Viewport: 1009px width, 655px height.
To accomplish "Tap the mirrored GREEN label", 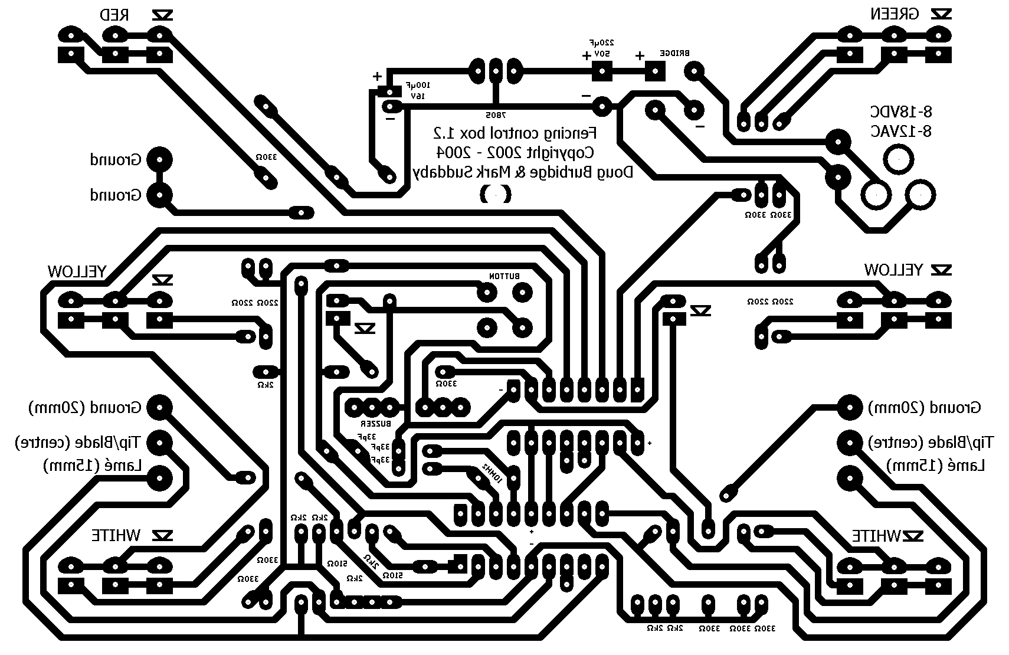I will [894, 14].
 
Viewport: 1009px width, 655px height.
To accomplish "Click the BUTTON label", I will [504, 276].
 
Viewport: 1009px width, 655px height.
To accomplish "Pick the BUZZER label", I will [376, 424].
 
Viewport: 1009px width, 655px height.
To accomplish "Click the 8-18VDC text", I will [901, 112].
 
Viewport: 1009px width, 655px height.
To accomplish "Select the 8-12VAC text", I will [901, 131].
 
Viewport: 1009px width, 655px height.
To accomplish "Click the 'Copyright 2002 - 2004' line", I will [515, 152].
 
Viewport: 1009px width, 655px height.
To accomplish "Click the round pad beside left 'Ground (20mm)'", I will [159, 407].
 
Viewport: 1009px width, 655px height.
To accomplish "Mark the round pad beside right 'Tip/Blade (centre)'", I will [850, 442].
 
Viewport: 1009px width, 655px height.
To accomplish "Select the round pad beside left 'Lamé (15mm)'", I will [159, 478].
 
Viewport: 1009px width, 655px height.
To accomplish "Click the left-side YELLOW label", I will [77, 271].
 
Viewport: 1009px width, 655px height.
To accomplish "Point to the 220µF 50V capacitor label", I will [602, 48].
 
